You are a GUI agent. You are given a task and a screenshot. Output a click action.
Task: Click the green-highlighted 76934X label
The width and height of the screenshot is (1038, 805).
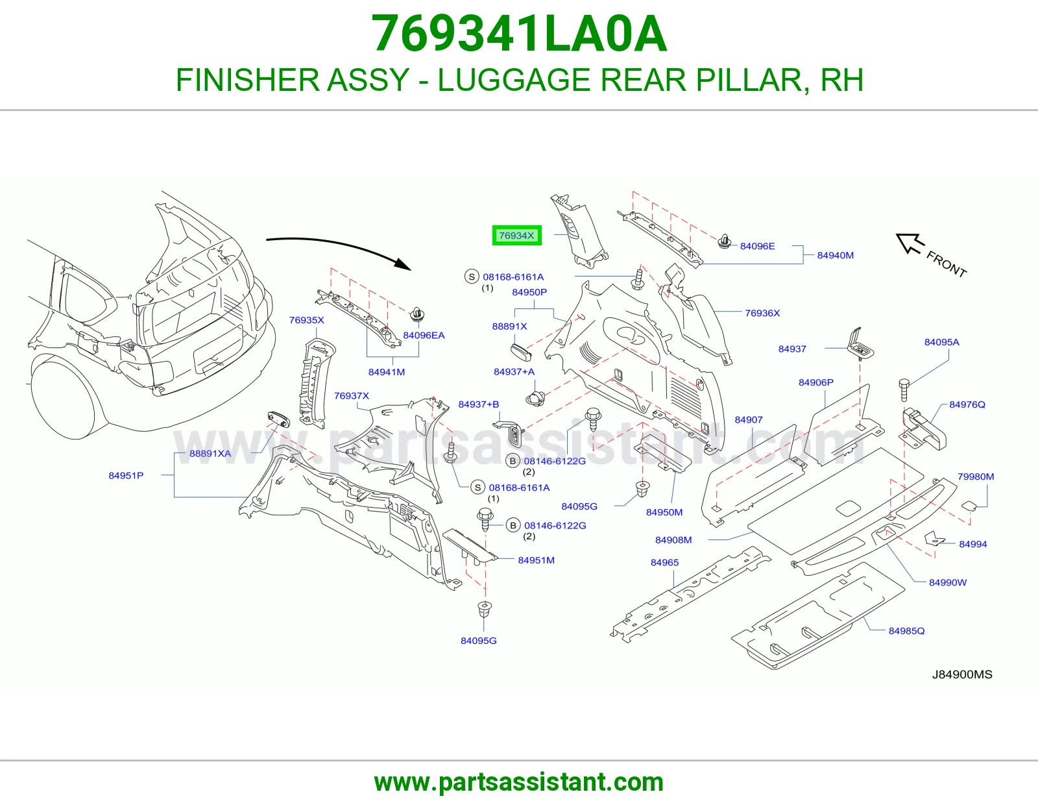point(516,235)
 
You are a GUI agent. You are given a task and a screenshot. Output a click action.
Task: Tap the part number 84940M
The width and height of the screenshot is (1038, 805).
point(835,255)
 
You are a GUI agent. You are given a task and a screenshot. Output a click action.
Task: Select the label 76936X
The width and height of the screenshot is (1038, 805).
point(762,313)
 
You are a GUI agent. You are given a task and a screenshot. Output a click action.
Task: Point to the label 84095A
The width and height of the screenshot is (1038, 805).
point(941,342)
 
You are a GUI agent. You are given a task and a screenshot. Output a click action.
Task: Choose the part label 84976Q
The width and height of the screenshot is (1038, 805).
point(967,404)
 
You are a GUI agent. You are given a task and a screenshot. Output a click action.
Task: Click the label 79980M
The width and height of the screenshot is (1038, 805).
point(976,477)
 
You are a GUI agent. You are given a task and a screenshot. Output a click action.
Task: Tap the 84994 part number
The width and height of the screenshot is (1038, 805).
point(972,544)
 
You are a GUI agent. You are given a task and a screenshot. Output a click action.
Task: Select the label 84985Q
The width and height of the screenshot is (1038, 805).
point(906,630)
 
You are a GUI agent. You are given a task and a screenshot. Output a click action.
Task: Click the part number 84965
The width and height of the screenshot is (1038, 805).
point(664,562)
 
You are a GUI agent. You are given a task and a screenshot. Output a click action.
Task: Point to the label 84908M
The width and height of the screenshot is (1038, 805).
point(673,539)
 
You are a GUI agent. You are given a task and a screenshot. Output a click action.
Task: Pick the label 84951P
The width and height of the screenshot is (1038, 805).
point(126,475)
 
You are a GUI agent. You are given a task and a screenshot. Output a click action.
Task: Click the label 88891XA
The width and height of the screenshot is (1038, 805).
point(210,453)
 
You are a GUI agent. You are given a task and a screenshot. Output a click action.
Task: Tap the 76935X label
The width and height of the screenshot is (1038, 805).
point(306,320)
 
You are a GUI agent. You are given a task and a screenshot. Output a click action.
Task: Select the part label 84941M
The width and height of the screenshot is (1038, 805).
point(386,372)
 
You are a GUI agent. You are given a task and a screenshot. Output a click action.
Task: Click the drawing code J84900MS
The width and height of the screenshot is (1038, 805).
point(962,675)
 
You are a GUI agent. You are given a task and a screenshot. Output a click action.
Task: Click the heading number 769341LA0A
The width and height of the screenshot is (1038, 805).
point(519,34)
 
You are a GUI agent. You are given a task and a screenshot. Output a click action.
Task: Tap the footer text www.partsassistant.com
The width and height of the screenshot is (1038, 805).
point(519,782)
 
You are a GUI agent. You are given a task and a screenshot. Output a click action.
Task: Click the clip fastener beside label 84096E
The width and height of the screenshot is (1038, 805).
point(725,242)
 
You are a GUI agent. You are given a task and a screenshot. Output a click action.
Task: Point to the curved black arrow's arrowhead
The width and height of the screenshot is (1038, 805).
point(403,264)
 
